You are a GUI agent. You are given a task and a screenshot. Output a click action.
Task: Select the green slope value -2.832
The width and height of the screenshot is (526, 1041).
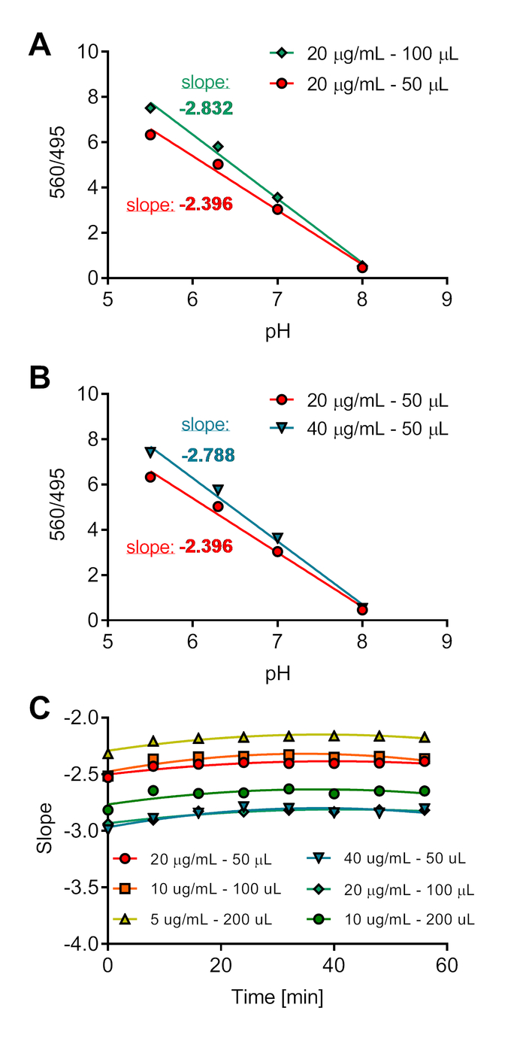(x=206, y=108)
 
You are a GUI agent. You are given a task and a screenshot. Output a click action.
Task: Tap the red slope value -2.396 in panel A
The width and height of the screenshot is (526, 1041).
(x=206, y=204)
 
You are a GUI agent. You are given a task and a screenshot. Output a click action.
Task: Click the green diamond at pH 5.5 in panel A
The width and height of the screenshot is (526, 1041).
(x=150, y=108)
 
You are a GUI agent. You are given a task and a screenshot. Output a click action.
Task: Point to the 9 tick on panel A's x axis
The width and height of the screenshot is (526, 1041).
(x=447, y=299)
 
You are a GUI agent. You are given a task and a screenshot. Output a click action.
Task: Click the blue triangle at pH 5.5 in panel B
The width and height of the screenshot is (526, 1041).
(x=150, y=451)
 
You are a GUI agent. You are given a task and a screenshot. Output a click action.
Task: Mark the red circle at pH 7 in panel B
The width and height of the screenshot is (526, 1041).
(x=277, y=551)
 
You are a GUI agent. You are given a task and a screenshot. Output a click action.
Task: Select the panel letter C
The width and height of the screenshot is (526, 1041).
(x=40, y=708)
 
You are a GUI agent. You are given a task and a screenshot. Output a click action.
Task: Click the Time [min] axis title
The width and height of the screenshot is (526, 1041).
(x=277, y=998)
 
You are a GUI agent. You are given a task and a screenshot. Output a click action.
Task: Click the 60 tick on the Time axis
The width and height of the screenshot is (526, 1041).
(x=447, y=965)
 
